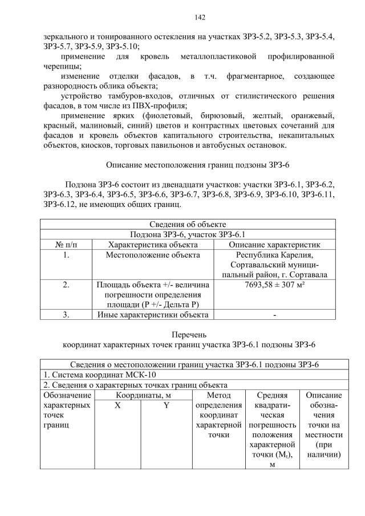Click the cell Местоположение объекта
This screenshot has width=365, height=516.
[x=153, y=255]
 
